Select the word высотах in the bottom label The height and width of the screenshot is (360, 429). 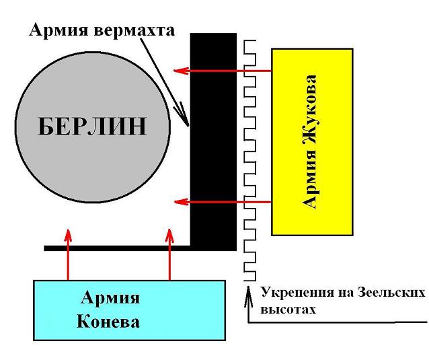pos(286,310)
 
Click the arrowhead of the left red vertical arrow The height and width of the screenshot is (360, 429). pos(67,233)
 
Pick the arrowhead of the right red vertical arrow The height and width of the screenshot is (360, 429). pos(169,233)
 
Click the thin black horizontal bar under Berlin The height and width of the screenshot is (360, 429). pos(117,248)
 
